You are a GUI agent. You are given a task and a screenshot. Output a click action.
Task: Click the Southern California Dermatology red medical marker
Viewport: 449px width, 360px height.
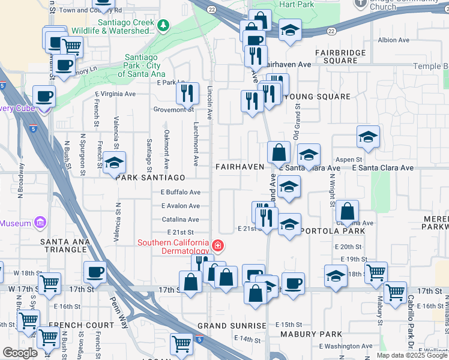217,245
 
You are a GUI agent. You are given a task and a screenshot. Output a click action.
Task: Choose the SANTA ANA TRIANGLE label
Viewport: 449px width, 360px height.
65,246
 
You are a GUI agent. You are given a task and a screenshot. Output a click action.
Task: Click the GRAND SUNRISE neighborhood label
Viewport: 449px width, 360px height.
232,326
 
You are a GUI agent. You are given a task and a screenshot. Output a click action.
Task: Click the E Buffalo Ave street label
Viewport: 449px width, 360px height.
180,193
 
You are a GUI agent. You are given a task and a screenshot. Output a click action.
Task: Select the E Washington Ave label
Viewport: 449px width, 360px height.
347,347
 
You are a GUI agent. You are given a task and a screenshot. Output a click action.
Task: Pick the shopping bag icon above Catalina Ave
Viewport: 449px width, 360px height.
348,211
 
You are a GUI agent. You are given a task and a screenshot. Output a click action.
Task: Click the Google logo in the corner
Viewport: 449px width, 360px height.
20,353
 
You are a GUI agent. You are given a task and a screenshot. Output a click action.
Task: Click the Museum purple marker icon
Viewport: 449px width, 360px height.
40,223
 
